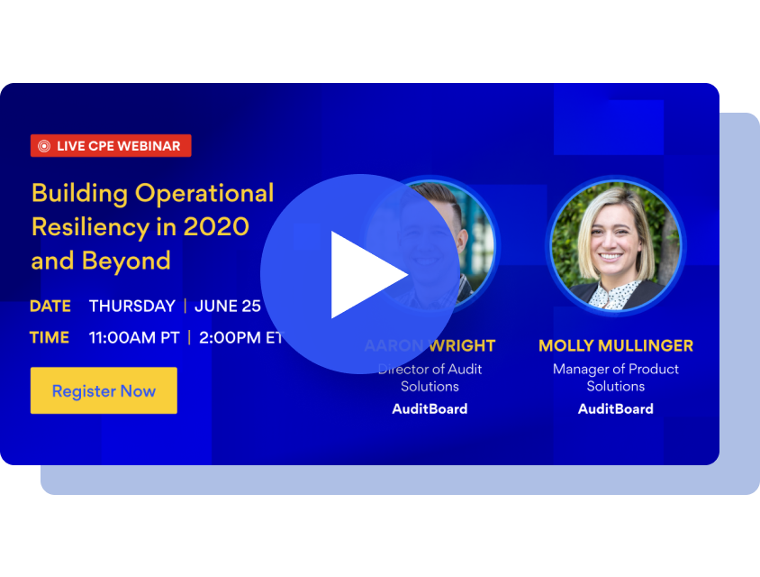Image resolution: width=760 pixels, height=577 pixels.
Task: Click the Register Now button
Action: [x=104, y=390]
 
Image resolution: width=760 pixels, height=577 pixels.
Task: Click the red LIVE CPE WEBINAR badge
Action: [x=111, y=146]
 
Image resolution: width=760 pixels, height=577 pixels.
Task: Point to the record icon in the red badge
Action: [x=44, y=146]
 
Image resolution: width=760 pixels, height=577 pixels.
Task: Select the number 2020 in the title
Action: [x=215, y=226]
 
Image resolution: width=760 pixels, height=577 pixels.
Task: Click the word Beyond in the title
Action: [x=126, y=261]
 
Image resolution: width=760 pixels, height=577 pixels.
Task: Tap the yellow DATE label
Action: [x=50, y=306]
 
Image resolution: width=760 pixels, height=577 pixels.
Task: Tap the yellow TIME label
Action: [x=50, y=338]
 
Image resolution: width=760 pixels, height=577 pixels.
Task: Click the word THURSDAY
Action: [x=131, y=306]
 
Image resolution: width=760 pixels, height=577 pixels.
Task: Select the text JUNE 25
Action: [x=228, y=306]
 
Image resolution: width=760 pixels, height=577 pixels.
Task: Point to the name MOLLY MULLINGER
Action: [x=615, y=346]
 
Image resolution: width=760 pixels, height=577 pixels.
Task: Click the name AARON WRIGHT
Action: [x=430, y=346]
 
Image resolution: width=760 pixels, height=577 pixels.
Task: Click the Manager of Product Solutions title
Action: [x=615, y=377]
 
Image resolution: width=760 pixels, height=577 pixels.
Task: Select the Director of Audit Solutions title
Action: [x=430, y=377]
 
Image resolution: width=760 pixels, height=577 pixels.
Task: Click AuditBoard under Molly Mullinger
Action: [x=615, y=408]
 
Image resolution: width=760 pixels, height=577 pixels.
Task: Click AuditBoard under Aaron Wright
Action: [x=430, y=408]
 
